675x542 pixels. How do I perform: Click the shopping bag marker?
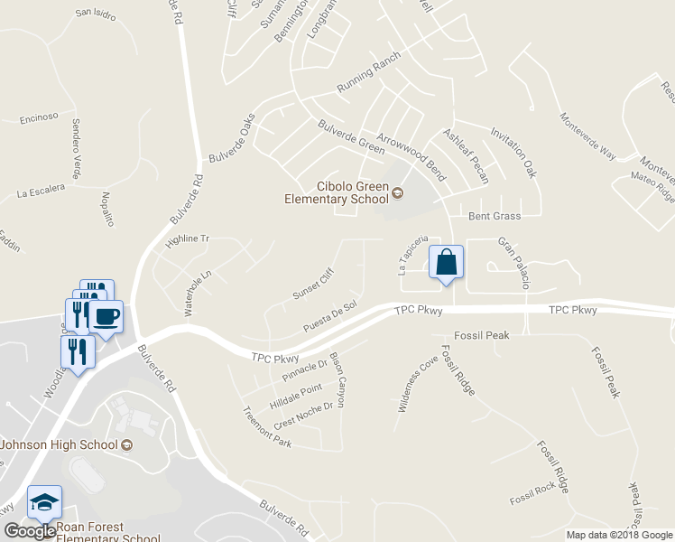click(446, 263)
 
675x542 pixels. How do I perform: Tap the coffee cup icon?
click(106, 317)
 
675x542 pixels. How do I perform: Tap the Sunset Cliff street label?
click(313, 285)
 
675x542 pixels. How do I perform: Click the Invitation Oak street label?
click(513, 151)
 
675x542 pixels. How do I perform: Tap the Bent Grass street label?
click(495, 216)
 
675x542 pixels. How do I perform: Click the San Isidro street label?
click(96, 14)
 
